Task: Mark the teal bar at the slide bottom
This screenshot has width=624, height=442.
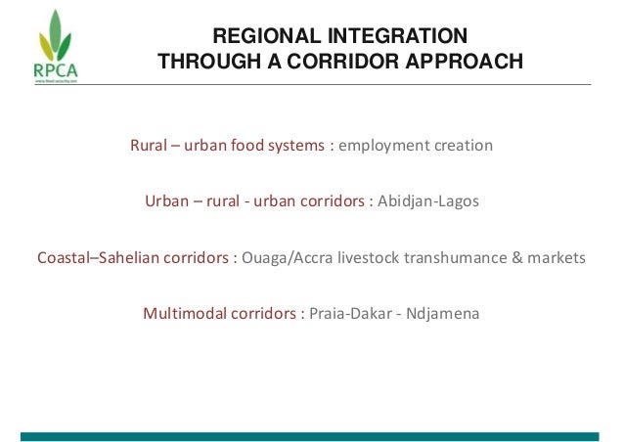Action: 311,436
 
